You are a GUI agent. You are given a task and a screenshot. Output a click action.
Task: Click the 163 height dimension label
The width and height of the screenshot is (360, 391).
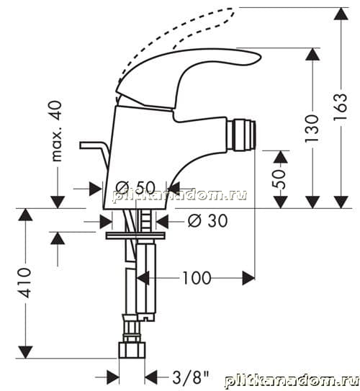point(341,107)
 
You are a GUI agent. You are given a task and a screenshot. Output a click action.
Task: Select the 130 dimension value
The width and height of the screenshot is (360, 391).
point(312,129)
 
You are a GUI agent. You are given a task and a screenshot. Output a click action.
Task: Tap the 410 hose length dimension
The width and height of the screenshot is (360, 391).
point(25,283)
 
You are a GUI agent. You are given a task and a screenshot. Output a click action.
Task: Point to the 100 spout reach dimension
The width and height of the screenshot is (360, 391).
point(197,278)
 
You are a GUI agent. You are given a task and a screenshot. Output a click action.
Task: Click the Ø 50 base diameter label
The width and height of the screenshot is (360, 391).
point(135,187)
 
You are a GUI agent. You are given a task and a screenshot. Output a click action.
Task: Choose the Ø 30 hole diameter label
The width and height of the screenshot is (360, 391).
point(207,220)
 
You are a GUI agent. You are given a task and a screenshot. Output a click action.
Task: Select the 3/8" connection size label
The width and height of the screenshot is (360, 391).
point(191,377)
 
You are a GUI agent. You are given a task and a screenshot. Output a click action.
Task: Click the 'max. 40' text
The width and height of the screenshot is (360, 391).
point(56,131)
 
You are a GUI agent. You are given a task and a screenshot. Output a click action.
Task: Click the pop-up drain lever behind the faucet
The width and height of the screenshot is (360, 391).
point(95,153)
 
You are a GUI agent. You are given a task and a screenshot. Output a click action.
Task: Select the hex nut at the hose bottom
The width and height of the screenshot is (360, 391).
point(132,351)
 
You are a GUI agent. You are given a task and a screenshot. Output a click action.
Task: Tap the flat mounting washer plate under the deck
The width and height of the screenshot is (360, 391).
point(135,235)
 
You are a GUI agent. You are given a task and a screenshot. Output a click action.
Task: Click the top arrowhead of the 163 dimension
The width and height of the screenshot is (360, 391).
point(341,14)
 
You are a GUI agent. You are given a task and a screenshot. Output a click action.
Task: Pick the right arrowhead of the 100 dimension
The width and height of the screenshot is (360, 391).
point(248,278)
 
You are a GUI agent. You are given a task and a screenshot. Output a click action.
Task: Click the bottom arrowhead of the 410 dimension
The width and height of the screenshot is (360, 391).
point(25,352)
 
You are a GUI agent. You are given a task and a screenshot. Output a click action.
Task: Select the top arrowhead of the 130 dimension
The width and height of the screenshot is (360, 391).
point(312,54)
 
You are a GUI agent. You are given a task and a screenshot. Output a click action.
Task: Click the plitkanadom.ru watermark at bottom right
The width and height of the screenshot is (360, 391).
point(292,382)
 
